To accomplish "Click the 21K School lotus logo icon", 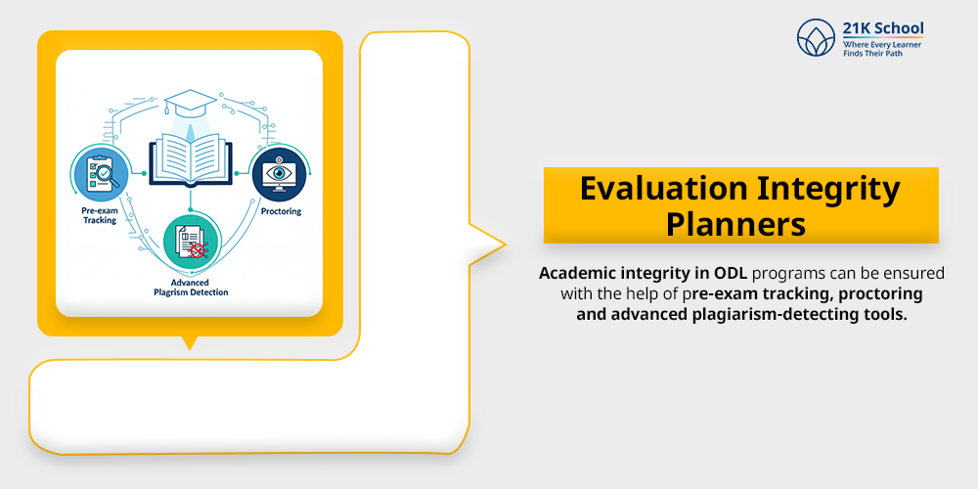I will coord(817,39).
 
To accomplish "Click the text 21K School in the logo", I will coord(882,28).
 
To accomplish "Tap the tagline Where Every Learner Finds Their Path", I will coord(882,50).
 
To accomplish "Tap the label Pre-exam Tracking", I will coord(100,215).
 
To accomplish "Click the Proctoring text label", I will coord(281,211).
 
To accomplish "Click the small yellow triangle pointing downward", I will coord(190,342).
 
